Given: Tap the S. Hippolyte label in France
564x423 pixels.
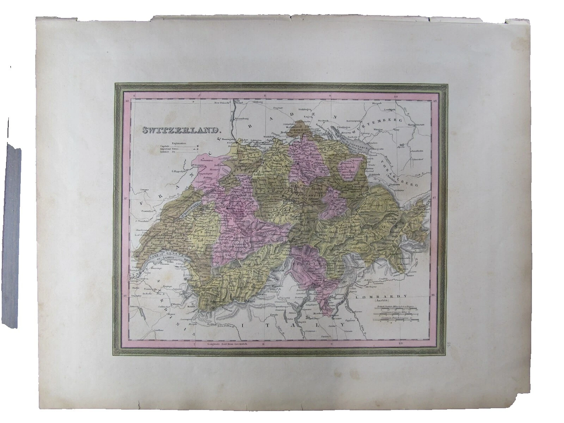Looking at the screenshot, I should point(180,172).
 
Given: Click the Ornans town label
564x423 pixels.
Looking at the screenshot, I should point(144,190).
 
